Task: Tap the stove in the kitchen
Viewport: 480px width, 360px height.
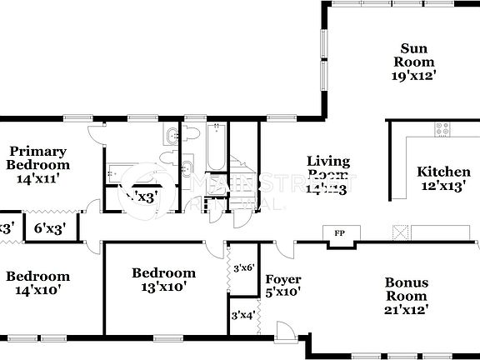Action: [x=441, y=129]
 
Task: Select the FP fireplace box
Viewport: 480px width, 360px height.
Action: [x=339, y=233]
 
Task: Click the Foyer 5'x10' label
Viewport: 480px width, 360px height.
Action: [x=282, y=285]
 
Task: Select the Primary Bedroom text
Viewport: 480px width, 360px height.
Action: [x=37, y=157]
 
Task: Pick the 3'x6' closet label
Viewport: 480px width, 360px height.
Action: [x=243, y=268]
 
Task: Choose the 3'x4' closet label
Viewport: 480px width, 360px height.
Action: [x=243, y=316]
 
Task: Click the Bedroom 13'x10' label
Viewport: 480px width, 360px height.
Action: [x=164, y=279]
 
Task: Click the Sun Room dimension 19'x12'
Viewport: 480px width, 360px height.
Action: [x=416, y=75]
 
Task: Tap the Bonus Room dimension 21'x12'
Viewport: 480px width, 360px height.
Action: [x=407, y=309]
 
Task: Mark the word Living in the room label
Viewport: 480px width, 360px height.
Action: [x=328, y=161]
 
